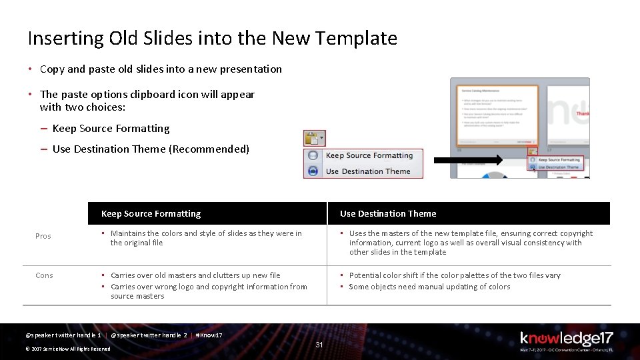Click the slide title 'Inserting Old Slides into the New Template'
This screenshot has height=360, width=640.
click(212, 39)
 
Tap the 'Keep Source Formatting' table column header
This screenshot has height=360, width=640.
click(151, 214)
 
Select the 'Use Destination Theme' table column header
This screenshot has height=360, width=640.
click(388, 214)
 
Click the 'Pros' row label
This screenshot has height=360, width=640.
click(43, 236)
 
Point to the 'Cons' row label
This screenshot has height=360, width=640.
click(44, 275)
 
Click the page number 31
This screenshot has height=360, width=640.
click(319, 345)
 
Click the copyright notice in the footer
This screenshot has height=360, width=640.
click(68, 349)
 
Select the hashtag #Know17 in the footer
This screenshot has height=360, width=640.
click(209, 335)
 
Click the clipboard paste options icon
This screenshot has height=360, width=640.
click(312, 138)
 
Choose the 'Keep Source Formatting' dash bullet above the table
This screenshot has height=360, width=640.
click(111, 129)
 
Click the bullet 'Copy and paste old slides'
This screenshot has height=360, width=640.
click(161, 69)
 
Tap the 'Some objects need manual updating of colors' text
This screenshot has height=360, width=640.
click(429, 287)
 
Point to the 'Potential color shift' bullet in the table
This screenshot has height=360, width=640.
click(455, 275)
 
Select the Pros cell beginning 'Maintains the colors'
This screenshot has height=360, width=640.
click(206, 238)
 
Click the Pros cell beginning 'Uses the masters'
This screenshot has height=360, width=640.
click(471, 243)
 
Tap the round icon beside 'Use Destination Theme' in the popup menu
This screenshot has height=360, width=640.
click(313, 171)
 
